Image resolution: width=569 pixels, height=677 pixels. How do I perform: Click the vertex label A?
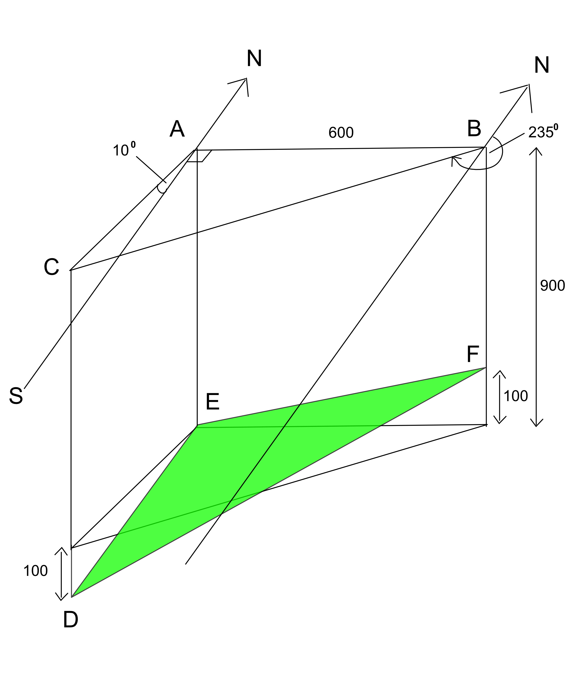177,129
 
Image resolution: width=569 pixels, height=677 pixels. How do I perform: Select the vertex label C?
52,267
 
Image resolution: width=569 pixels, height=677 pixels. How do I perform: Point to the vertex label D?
71,620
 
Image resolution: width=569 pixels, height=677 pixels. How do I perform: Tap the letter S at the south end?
16,396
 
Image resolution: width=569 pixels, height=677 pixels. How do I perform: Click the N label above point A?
254,58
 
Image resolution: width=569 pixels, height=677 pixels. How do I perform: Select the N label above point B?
541,65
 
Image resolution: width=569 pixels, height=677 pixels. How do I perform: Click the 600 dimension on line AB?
341,133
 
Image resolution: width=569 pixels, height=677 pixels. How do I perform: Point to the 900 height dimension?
552,286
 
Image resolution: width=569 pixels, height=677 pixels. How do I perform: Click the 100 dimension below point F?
516,396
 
